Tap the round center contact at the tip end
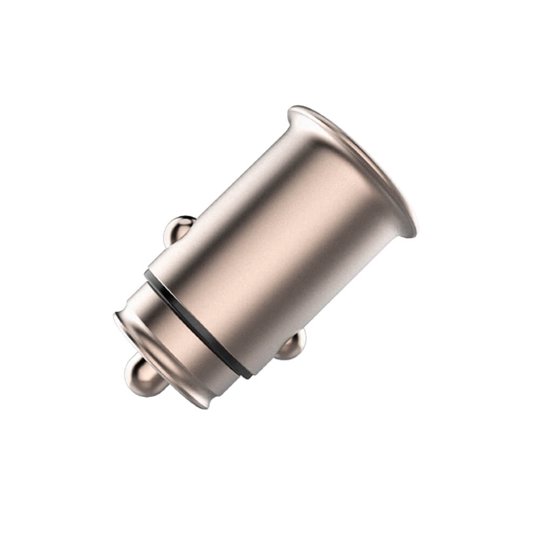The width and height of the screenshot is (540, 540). (x=141, y=377)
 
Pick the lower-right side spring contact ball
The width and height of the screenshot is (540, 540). (x=292, y=346)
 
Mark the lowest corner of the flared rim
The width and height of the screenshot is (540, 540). (x=413, y=235)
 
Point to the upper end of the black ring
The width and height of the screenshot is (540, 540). (x=147, y=273)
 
